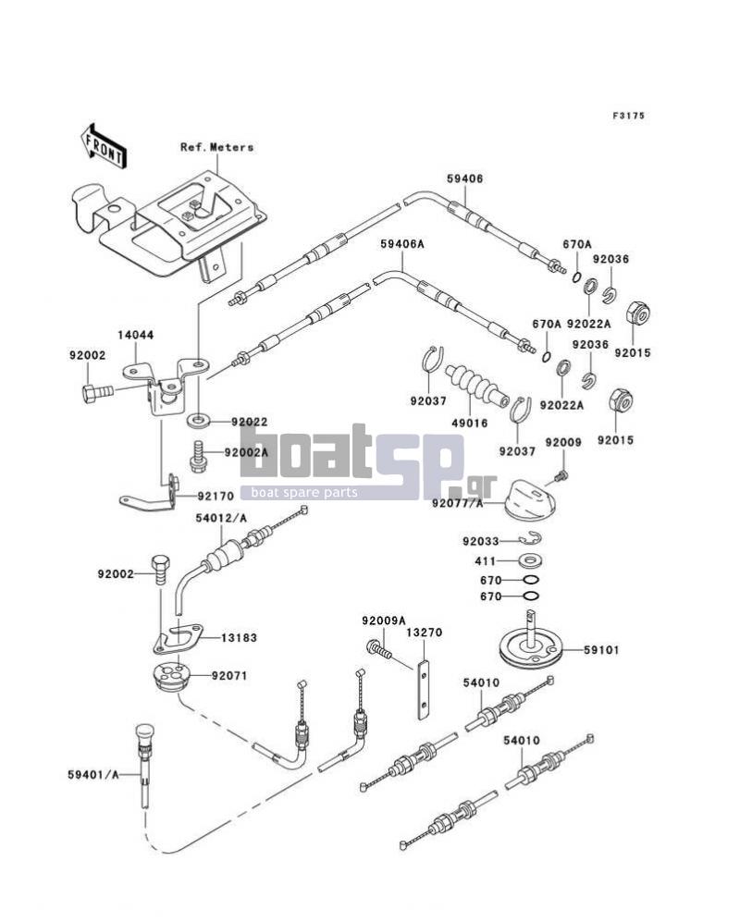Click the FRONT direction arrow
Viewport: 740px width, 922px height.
coord(103,147)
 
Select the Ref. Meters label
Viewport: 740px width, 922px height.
coord(217,147)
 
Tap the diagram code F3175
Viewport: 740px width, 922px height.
coord(628,116)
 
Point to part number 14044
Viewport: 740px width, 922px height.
coord(136,335)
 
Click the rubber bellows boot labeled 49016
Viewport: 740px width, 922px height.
coord(476,385)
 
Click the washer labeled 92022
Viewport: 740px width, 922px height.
coord(200,421)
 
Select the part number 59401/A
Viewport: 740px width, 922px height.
coord(92,775)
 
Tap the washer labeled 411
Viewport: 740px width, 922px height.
coord(530,560)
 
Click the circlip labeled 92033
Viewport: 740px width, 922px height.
coord(530,538)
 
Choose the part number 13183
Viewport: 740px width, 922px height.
coord(239,638)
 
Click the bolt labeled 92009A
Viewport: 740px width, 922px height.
coord(378,648)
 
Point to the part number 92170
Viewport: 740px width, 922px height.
coord(216,497)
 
